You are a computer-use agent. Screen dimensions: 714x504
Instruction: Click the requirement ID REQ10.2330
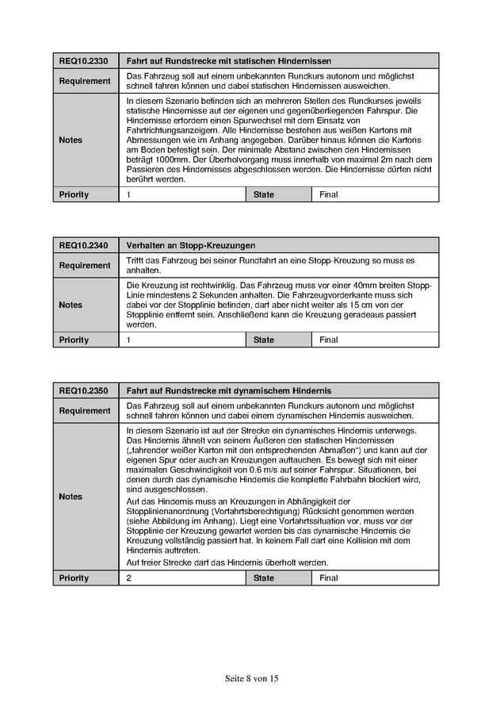(83, 61)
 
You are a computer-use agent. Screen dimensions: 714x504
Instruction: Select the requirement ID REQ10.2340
(83, 246)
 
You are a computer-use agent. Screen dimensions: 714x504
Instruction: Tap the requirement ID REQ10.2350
(83, 391)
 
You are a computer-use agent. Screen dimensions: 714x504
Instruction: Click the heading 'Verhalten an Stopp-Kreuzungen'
(191, 246)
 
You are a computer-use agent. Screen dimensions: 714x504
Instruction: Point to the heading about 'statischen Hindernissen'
(228, 61)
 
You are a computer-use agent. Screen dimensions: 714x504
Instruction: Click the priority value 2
(130, 578)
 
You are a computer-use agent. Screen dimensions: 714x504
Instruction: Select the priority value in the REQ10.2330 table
(130, 194)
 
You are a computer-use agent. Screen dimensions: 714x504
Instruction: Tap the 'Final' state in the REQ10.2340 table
(329, 340)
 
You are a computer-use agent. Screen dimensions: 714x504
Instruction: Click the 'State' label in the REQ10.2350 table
(264, 578)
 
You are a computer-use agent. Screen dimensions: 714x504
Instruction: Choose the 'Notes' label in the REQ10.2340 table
(71, 305)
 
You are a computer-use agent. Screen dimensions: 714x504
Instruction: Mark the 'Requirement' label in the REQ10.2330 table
(85, 81)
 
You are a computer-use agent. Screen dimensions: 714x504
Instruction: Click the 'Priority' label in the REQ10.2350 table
(74, 578)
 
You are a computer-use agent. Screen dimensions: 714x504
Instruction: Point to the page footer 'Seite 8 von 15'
(252, 679)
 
